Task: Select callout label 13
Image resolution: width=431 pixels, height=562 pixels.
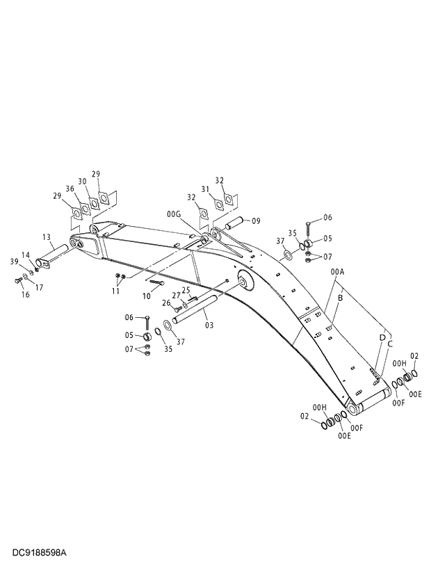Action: [47, 236]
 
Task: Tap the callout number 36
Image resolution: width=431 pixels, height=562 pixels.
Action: [70, 188]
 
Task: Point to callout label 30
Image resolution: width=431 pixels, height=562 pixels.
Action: [83, 182]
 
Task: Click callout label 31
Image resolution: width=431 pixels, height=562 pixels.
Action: [205, 188]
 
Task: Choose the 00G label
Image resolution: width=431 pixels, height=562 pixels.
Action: [173, 214]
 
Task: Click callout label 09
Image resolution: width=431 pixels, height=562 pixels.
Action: [256, 221]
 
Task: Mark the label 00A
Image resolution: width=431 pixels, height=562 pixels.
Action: [338, 272]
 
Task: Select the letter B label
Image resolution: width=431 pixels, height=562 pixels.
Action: [340, 297]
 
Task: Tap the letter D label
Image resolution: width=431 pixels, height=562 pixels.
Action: [382, 337]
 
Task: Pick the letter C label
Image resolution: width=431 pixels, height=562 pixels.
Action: [390, 344]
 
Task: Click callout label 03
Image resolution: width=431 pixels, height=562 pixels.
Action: [209, 325]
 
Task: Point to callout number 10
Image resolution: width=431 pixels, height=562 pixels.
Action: [147, 296]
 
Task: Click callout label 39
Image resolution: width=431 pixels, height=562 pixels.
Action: [15, 261]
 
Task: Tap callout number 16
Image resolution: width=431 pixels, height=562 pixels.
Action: [25, 294]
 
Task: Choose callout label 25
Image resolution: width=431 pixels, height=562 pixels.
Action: [186, 290]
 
